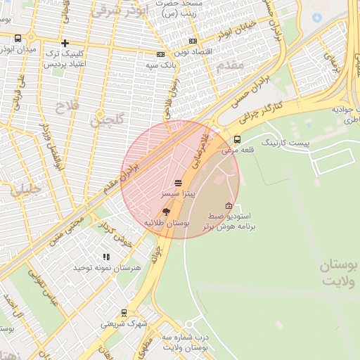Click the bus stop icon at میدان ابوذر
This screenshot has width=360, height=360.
coord(18,39)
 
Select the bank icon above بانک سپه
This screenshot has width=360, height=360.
coord(161,54)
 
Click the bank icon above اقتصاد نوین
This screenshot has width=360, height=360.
coord(193,41)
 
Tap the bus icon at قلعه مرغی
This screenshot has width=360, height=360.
coord(237,139)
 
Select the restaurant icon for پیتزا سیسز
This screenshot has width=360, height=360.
coord(177,181)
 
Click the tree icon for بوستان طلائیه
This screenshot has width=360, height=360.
coord(166,211)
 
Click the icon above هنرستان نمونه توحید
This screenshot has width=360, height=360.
coord(106,257)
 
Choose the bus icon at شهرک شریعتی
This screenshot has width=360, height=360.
coord(124,313)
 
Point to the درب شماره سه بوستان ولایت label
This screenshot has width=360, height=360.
coord(185,342)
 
